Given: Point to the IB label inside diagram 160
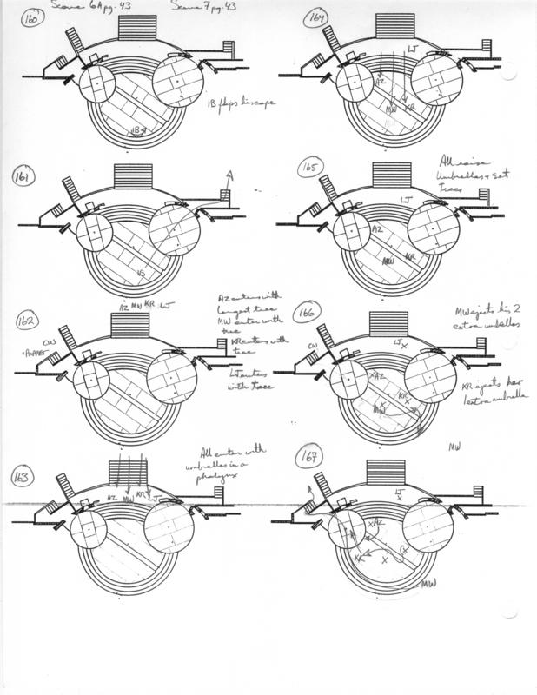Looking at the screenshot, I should point(136,130).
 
